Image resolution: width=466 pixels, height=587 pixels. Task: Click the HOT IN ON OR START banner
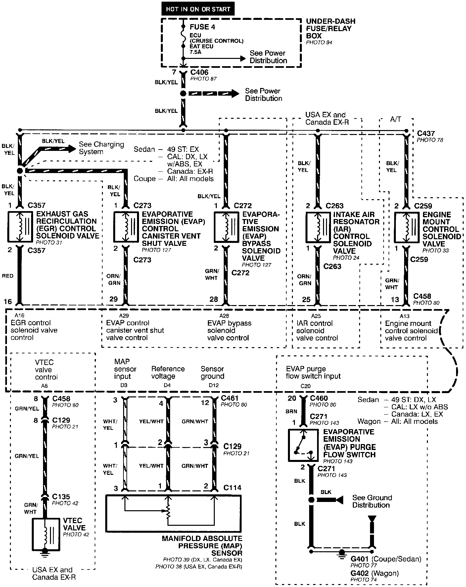tap(198, 9)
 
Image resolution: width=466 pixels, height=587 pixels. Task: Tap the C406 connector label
tap(200, 72)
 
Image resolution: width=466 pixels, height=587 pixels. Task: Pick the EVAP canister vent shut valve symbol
tap(125, 227)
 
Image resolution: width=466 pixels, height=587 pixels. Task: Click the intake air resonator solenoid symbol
tap(317, 227)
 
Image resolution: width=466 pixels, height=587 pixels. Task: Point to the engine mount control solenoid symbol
tap(406, 227)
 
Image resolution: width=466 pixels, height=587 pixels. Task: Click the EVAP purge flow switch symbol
tap(304, 445)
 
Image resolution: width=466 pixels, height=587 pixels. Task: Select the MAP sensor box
tap(173, 513)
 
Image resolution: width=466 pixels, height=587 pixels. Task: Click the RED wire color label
tap(7, 276)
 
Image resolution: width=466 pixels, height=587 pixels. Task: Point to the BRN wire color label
tap(291, 411)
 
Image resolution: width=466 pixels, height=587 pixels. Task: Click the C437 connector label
tap(426, 133)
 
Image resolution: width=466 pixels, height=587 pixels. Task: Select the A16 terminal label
tap(20, 316)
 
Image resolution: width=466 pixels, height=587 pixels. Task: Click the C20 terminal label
tap(305, 386)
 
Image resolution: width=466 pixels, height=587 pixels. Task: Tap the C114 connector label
tap(232, 487)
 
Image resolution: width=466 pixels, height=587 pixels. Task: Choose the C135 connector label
tap(61, 497)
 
